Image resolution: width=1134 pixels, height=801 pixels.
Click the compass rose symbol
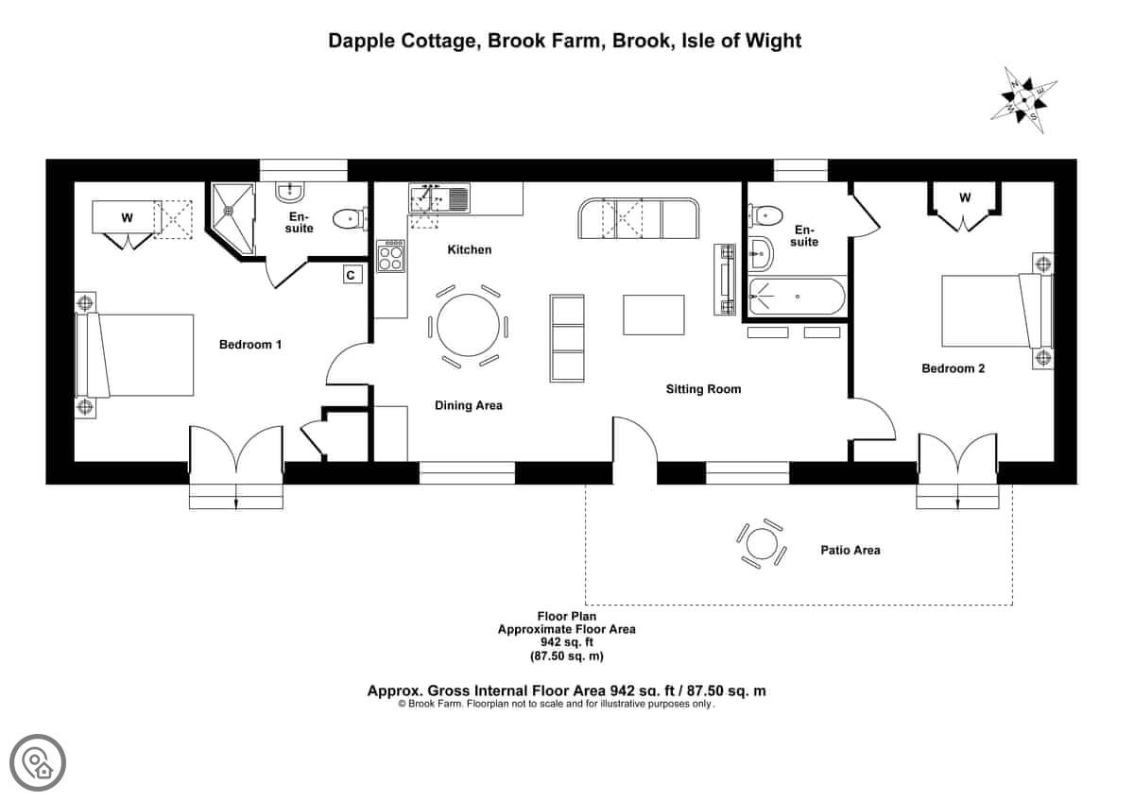coord(1023,100)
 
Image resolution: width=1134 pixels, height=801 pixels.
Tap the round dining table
coord(469,325)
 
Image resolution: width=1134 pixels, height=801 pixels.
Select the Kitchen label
coord(470,249)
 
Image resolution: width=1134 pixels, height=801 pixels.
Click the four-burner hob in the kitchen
coord(391,256)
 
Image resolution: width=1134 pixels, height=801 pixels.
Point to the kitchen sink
coord(439,197)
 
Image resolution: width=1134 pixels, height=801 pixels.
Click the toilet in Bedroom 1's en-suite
coord(350,219)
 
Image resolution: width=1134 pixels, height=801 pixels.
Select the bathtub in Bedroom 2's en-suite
coord(797,297)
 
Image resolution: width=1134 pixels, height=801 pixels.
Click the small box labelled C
coord(352,274)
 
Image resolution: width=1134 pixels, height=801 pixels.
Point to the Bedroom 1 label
coord(250,345)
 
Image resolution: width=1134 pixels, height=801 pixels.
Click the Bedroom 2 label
coord(953,368)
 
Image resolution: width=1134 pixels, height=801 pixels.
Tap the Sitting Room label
coord(703,389)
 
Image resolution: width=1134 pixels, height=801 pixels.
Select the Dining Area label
coord(469,405)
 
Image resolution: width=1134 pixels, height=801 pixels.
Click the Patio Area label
coord(850,550)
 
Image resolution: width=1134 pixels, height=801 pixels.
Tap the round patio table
coord(761,544)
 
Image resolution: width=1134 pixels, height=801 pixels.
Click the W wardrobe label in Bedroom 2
coord(965,197)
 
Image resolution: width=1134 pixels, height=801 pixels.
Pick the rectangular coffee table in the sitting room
coord(654,315)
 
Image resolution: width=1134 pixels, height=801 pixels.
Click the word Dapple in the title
coord(361,41)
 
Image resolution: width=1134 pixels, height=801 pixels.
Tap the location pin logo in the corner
coord(38,762)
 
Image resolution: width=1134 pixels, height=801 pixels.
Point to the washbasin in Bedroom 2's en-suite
coord(761,254)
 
